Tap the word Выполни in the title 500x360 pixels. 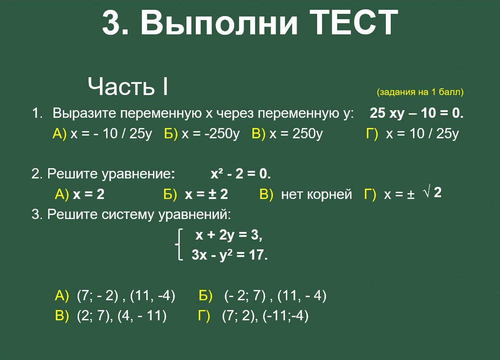point(219,22)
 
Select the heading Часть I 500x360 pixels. point(128,86)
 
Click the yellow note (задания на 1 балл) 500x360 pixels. point(420,92)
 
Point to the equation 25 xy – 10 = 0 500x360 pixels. point(417,113)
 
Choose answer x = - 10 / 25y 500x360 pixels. point(112,133)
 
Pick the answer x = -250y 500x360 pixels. point(211,133)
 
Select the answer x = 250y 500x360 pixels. point(296,133)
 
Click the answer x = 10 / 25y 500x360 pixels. point(422,133)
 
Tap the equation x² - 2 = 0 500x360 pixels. point(240,174)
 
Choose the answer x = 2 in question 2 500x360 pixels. point(89,194)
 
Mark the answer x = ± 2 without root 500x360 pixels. point(207,194)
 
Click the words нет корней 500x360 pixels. point(316,194)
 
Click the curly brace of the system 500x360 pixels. point(179,244)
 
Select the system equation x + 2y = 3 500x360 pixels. point(229,235)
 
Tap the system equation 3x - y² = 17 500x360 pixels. point(230,255)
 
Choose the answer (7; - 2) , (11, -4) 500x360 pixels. point(126,296)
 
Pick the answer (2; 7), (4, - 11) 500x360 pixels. point(121,316)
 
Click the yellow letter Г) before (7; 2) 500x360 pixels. point(204,316)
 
